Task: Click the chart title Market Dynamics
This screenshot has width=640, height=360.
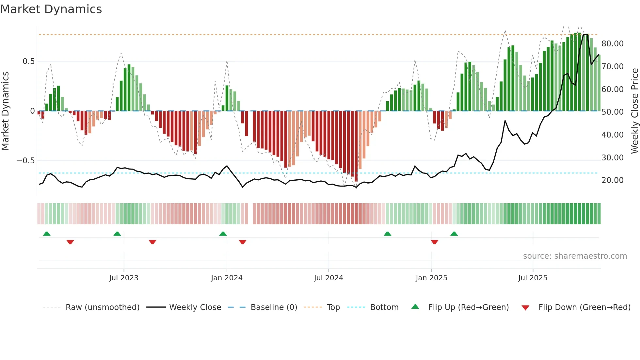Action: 51,9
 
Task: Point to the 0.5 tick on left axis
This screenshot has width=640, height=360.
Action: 28,61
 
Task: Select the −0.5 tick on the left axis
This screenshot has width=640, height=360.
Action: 25,161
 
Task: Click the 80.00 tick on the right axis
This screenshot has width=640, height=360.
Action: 612,44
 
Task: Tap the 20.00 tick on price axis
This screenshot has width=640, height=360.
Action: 612,180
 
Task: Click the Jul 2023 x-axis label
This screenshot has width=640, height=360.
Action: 124,278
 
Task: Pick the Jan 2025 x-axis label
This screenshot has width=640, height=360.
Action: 431,278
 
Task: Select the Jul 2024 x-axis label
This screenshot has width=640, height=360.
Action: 328,278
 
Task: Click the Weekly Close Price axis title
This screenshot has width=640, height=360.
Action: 634,111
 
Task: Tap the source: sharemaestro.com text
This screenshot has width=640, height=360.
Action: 575,256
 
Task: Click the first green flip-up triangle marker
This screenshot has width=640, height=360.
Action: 47,234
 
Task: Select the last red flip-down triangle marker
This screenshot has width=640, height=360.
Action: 434,242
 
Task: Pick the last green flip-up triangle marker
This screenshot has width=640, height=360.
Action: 454,234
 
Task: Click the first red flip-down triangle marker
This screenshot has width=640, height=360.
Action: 70,242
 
